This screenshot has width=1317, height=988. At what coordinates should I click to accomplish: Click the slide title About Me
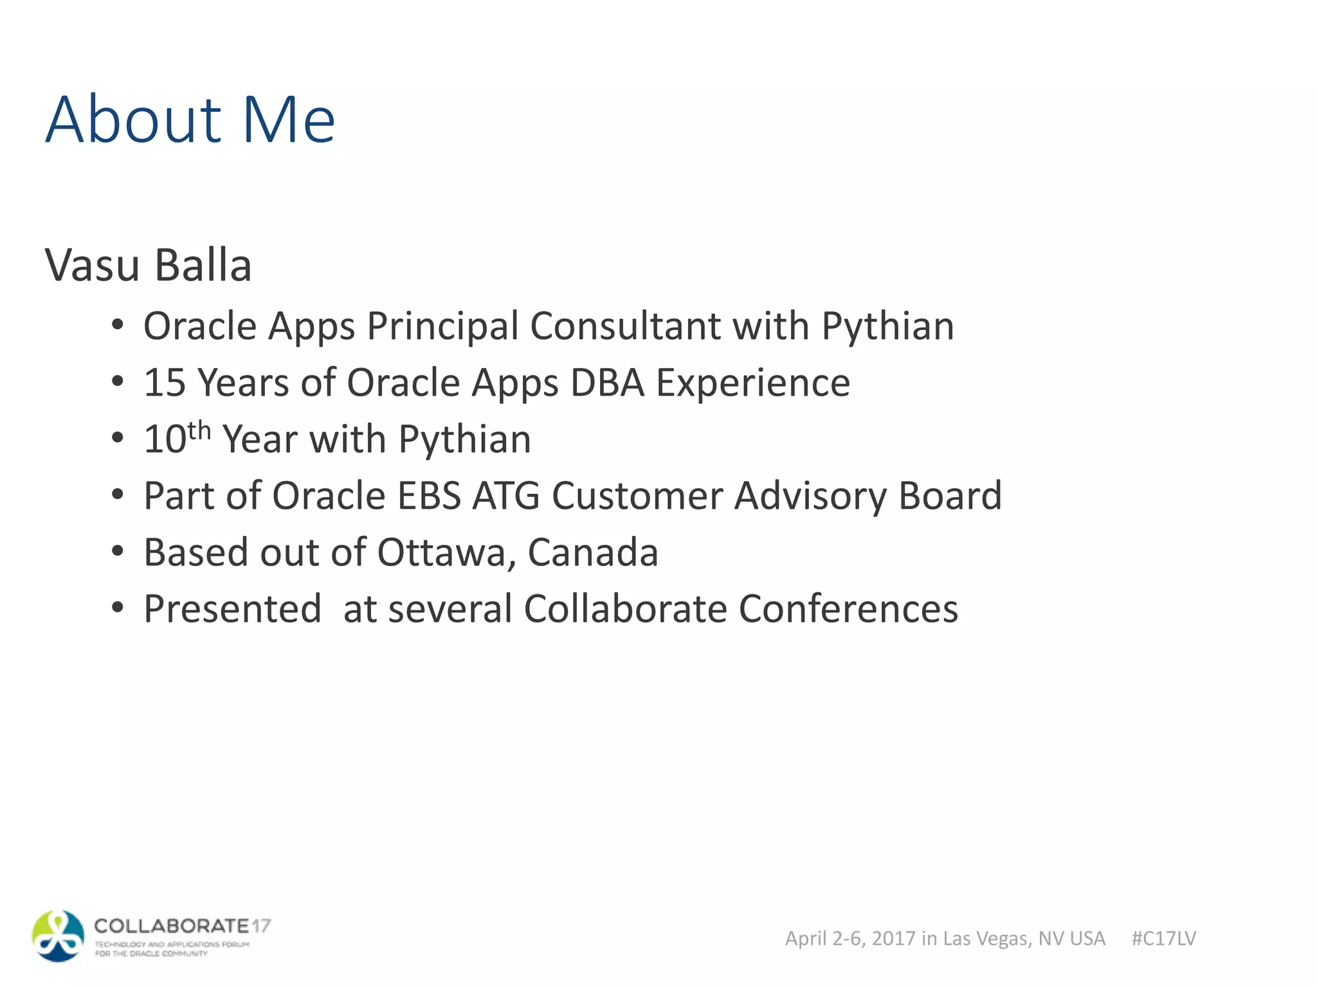click(190, 120)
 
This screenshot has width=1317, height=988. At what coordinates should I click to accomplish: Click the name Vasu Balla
click(148, 265)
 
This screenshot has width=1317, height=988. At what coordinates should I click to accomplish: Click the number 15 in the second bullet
click(165, 383)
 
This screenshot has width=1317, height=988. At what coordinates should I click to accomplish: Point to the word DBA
click(607, 383)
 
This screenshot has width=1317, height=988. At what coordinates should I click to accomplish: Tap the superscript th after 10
click(199, 430)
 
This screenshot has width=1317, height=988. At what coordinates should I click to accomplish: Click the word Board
click(950, 496)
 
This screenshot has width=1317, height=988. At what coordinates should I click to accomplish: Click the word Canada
click(593, 553)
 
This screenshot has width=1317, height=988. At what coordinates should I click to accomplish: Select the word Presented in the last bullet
click(232, 609)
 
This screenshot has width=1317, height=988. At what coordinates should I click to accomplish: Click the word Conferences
click(848, 609)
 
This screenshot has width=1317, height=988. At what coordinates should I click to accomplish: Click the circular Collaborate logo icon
click(58, 936)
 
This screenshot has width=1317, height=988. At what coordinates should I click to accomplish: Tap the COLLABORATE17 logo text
click(182, 926)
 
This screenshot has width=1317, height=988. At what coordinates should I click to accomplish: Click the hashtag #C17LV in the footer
click(1163, 938)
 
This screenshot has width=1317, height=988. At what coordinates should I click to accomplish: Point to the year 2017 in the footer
click(893, 938)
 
